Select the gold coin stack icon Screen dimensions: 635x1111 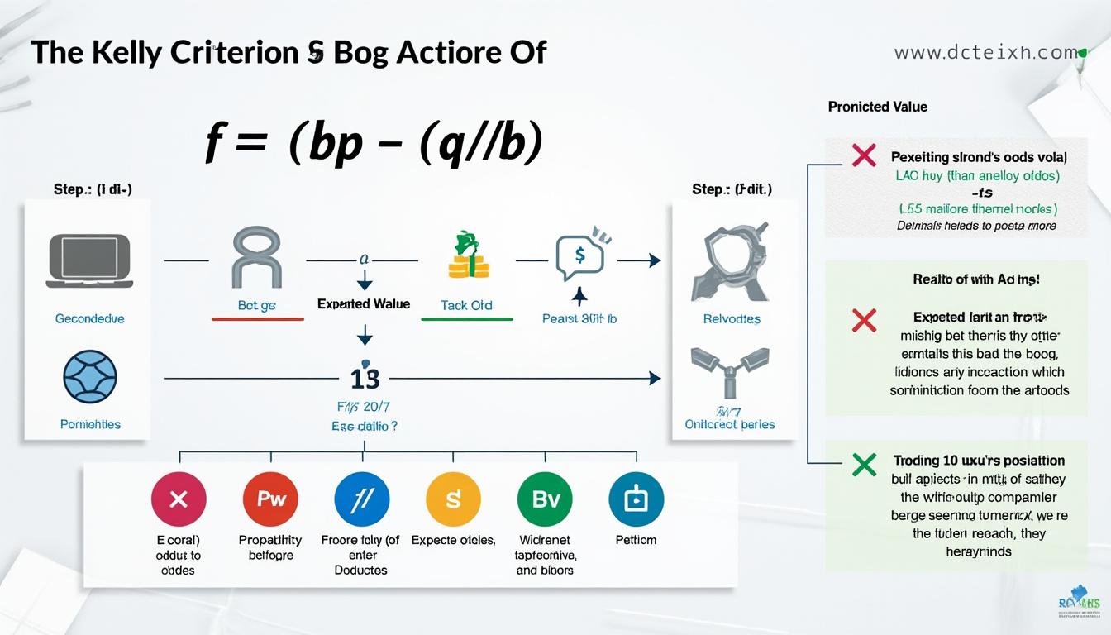coord(468,255)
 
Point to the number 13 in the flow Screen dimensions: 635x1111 coord(365,379)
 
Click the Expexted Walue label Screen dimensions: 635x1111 coord(364,304)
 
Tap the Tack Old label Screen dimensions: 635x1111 coord(466,305)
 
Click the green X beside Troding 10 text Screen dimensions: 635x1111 coord(864,465)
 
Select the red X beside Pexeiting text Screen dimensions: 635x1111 coord(864,155)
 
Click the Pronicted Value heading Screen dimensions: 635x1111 coord(877,107)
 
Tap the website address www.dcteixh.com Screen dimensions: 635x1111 coord(985,53)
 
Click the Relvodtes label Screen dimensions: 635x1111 coord(732,318)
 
